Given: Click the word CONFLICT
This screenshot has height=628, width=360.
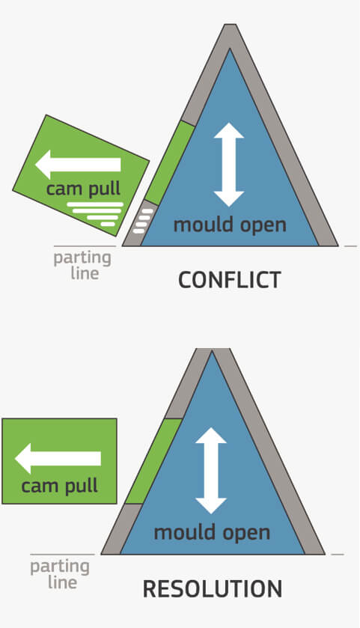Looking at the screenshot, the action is [x=230, y=279].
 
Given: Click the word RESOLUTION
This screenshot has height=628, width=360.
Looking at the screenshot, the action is [x=213, y=589].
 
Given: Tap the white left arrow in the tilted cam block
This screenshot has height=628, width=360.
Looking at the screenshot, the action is [x=78, y=164].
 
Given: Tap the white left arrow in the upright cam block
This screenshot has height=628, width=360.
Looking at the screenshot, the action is [x=58, y=459].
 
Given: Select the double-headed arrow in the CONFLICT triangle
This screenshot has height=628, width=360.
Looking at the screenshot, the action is [x=229, y=165].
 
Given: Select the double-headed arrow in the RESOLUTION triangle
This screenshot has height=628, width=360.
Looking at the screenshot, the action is [x=211, y=471].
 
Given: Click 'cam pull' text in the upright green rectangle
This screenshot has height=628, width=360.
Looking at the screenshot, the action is [x=59, y=487].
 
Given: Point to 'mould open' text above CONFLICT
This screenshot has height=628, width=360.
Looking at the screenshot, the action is [x=230, y=225].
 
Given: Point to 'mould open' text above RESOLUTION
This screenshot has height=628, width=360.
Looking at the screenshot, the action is [x=212, y=533].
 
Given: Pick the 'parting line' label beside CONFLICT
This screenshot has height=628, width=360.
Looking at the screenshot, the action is [x=82, y=266].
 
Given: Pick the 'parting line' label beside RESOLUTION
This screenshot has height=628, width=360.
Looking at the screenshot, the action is [x=60, y=575].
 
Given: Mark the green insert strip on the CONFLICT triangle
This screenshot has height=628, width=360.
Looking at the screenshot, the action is [x=169, y=162].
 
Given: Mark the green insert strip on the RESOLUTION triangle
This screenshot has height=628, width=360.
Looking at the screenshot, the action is [x=153, y=461].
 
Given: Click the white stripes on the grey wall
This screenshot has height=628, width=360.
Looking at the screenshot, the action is [x=142, y=221].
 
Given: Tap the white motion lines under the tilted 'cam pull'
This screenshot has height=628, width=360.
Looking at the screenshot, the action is [x=95, y=214].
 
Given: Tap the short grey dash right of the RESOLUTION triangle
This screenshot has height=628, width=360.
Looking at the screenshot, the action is [x=338, y=555].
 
